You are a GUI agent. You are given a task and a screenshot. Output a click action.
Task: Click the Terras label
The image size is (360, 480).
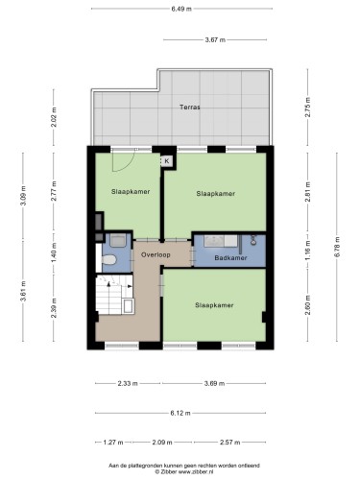[190, 108]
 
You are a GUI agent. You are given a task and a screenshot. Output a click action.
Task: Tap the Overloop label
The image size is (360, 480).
[156, 254]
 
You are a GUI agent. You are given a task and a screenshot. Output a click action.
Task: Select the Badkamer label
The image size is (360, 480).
[230, 257]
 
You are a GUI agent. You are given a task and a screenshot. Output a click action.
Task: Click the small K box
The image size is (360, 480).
[167, 161]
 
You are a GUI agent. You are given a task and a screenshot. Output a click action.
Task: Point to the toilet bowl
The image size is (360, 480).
[109, 259]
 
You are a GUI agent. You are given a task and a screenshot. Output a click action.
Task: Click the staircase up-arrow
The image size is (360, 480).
[108, 283]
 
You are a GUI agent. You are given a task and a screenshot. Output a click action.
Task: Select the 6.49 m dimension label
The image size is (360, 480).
[181, 9]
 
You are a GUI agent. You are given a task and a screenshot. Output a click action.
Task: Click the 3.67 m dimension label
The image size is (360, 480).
[215, 40]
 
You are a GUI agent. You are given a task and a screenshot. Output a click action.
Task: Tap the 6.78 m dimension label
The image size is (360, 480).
[337, 247]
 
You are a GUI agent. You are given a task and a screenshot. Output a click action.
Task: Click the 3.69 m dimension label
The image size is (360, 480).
[214, 383]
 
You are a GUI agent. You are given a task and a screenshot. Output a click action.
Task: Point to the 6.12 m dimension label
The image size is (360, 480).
[180, 413]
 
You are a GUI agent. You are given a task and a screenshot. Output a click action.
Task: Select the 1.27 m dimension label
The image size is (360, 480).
[113, 443]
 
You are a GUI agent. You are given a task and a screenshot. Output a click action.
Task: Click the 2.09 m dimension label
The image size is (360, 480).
[162, 443]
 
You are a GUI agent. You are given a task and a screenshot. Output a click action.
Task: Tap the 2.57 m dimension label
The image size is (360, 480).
[229, 443]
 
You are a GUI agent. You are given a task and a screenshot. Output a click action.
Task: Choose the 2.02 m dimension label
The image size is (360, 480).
[54, 117]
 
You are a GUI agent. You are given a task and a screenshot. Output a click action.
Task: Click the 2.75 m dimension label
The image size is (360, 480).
[308, 107]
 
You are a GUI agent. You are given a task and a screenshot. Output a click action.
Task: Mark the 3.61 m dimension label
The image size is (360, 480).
[23, 291]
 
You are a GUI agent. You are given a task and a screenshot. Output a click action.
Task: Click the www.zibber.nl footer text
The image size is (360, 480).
[196, 471]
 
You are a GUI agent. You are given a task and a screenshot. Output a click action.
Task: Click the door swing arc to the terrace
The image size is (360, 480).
[128, 166]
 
